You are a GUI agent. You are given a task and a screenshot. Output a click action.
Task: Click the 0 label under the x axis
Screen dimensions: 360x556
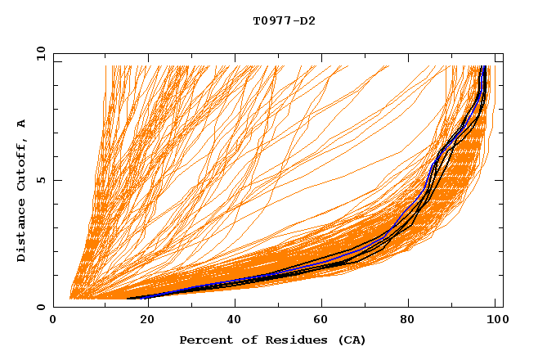54,320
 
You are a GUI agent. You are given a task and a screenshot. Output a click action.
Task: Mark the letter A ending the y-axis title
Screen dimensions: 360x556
22,124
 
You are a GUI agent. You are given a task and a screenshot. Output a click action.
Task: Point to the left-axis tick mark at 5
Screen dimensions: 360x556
56,180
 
